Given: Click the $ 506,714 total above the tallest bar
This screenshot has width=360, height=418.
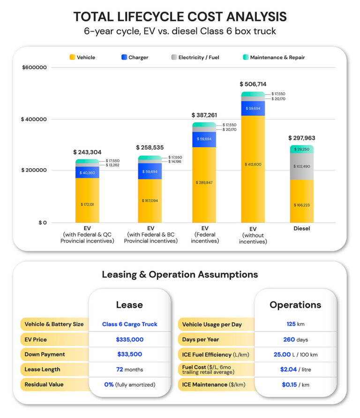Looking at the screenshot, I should [253, 84].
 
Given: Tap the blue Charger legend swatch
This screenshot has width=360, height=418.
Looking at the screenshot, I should [124, 57].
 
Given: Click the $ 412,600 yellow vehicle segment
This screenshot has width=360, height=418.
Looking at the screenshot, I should [253, 164].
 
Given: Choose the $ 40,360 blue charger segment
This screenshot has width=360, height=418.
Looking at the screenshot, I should [87, 172].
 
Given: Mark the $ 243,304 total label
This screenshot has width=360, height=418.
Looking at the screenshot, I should [87, 152].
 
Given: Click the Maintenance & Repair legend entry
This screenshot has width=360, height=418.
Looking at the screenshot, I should [277, 57].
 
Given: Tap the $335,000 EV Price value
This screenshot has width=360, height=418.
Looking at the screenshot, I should [129, 339].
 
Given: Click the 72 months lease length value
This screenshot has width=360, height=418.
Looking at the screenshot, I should [129, 369].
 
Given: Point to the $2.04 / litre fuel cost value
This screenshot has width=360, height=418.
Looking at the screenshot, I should [295, 369].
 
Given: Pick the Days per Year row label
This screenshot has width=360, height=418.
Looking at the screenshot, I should [201, 339].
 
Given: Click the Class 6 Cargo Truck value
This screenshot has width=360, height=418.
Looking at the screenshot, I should [129, 324].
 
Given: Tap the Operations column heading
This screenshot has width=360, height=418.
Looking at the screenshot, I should [295, 305].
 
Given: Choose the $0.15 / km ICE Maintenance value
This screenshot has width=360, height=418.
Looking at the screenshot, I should [295, 384].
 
